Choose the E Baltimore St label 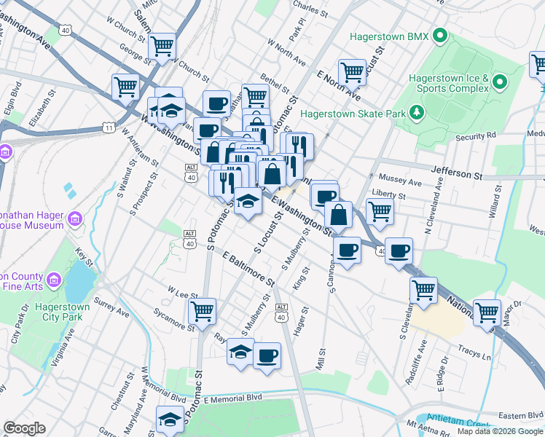coord(248,269)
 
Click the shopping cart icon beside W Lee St coord(202,310)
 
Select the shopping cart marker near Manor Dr coord(487,312)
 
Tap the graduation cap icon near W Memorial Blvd coord(170,419)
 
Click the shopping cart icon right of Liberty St coord(380,211)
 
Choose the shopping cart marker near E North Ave coord(352,72)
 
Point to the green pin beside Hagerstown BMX coord(439,35)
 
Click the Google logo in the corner coord(24,428)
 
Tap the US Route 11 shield coord(109,128)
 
